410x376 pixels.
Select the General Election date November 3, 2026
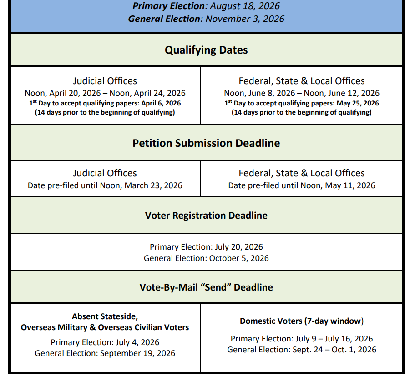pos(245,19)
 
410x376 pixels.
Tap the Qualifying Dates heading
pos(206,50)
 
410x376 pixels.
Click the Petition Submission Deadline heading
pos(206,143)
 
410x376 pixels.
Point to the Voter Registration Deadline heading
pos(206,215)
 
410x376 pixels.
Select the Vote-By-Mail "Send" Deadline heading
pos(206,287)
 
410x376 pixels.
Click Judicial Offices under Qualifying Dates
pos(105,81)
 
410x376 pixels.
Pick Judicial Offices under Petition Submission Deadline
pos(105,173)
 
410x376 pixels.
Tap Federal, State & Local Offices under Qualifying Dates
pos(302,81)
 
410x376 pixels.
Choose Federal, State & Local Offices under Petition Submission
pos(302,173)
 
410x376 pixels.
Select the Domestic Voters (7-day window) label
pos(302,321)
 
